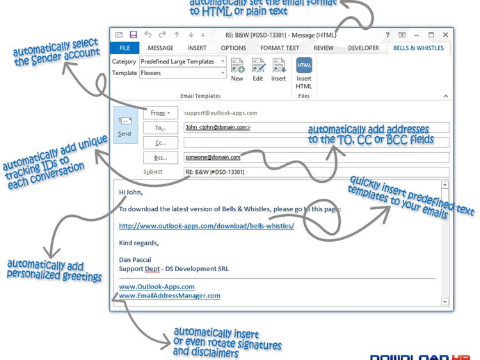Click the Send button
(x=125, y=126)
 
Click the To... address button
(x=161, y=127)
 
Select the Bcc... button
(x=161, y=157)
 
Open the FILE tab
(x=125, y=48)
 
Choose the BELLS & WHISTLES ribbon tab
(x=419, y=48)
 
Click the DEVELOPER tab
(x=364, y=48)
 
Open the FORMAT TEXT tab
(x=280, y=48)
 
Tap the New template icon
(x=237, y=66)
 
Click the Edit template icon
(x=258, y=66)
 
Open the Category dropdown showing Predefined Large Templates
(x=183, y=62)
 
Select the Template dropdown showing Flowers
(x=183, y=73)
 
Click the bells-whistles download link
(x=207, y=226)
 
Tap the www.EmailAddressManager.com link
(x=170, y=295)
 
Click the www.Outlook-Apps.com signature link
(x=157, y=286)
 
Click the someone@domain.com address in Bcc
(x=212, y=157)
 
